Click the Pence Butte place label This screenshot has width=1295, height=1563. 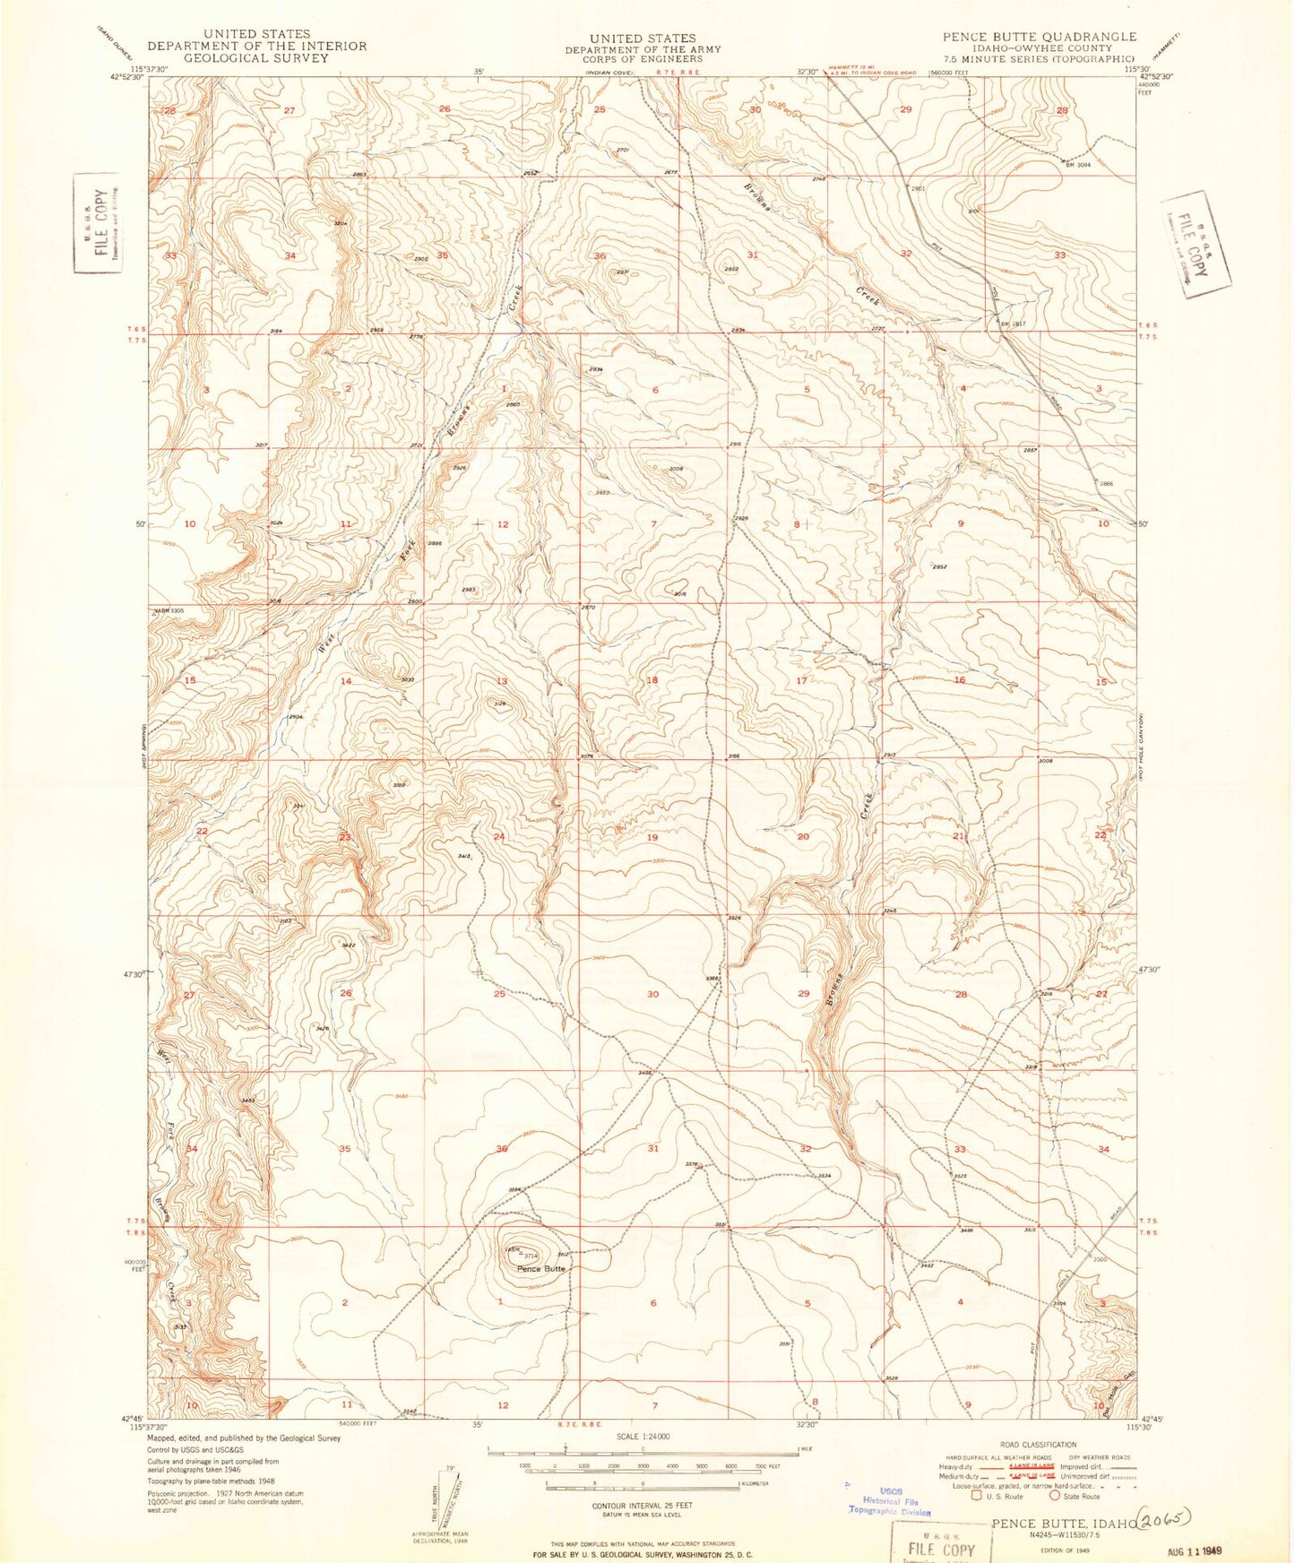[542, 1269]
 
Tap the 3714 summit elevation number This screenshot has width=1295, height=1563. [531, 1256]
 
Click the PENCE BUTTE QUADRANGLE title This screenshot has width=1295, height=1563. [1039, 37]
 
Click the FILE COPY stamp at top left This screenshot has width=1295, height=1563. [97, 222]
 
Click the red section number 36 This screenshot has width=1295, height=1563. [600, 256]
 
